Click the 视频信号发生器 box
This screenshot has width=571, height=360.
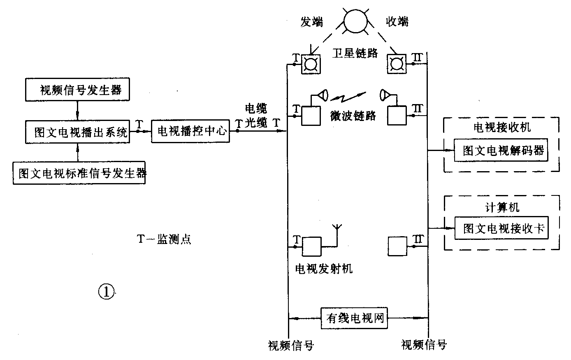(x=77, y=90)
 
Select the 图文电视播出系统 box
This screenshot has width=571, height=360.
(x=77, y=132)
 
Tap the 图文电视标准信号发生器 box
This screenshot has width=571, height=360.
(x=79, y=173)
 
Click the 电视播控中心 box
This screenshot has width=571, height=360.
(x=190, y=131)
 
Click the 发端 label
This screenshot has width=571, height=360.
(x=311, y=21)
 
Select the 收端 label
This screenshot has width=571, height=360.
(x=397, y=21)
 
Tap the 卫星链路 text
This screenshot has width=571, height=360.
(x=355, y=53)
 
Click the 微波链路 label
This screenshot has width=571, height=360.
(x=353, y=116)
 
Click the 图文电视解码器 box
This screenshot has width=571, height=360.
(x=501, y=151)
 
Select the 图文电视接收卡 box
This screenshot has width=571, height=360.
(x=501, y=229)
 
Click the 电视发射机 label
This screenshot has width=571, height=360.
(x=324, y=269)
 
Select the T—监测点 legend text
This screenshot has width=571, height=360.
(x=164, y=239)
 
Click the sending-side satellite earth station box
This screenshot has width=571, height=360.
(x=311, y=64)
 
